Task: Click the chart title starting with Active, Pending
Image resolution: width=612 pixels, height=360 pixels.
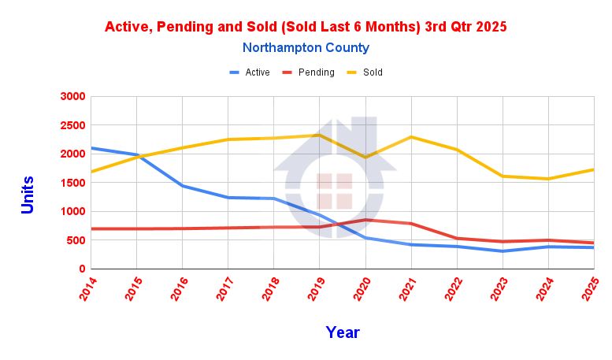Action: (306, 26)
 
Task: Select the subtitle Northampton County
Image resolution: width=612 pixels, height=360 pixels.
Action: (306, 48)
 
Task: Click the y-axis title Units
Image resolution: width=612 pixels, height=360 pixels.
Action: (28, 193)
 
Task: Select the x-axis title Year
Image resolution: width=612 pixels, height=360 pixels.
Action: (343, 332)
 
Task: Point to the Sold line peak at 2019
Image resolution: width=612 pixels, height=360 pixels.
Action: (319, 135)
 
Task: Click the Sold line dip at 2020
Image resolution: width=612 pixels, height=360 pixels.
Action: (365, 157)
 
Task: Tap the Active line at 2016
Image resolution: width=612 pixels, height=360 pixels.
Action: (182, 186)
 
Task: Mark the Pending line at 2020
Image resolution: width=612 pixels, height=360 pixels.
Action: (365, 220)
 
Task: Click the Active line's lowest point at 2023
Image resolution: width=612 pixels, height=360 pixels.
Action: (502, 251)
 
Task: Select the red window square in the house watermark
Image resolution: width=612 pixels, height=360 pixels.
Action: (334, 191)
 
